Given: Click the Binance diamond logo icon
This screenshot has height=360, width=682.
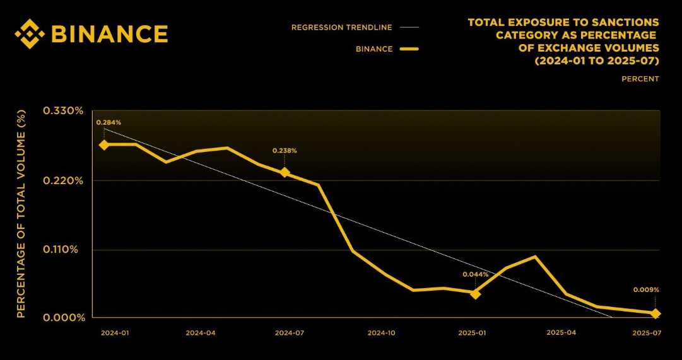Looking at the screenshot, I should [30, 33].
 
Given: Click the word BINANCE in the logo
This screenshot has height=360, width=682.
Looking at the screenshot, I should [109, 33].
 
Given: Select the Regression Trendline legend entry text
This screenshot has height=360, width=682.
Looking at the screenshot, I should [341, 27].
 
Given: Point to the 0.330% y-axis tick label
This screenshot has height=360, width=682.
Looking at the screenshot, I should [62, 111].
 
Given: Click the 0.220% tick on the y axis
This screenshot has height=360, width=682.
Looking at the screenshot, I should [62, 180].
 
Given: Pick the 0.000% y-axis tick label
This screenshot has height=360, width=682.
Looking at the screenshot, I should [62, 317].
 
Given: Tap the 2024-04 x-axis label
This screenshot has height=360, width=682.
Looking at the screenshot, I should [201, 332].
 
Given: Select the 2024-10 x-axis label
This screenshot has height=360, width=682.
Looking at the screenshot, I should [381, 332].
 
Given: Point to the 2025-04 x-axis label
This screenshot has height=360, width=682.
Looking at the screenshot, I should [561, 332].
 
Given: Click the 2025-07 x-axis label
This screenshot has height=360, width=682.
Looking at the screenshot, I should [646, 332].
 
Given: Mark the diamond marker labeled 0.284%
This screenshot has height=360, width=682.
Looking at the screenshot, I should [103, 144].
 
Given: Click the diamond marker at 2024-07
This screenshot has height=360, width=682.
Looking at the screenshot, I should [285, 172].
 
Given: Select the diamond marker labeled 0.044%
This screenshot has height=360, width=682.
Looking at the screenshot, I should [475, 293].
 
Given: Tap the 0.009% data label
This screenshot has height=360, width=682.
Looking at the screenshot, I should [646, 290].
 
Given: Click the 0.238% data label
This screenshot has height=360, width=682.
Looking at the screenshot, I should [285, 151].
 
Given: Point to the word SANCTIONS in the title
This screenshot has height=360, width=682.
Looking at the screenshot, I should [630, 23].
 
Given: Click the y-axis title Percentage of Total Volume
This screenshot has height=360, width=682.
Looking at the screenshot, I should [21, 214].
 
